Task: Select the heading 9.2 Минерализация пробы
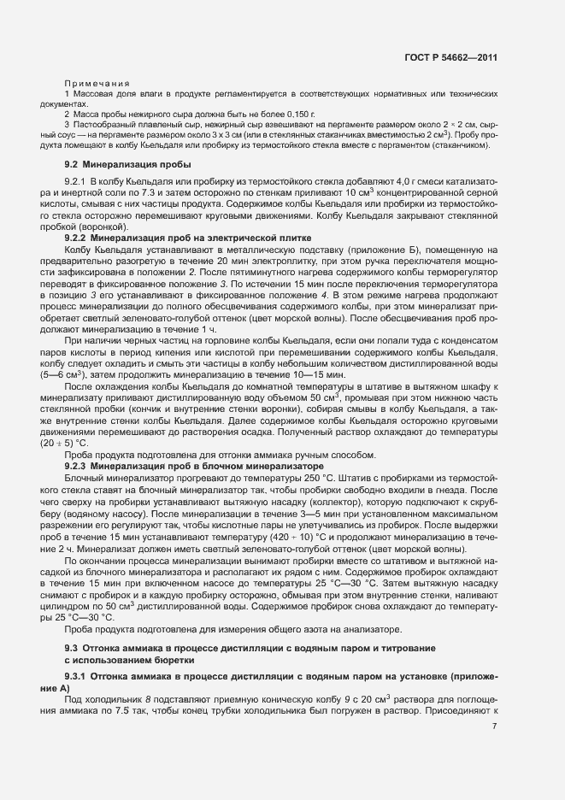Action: pyautogui.click(x=128, y=163)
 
